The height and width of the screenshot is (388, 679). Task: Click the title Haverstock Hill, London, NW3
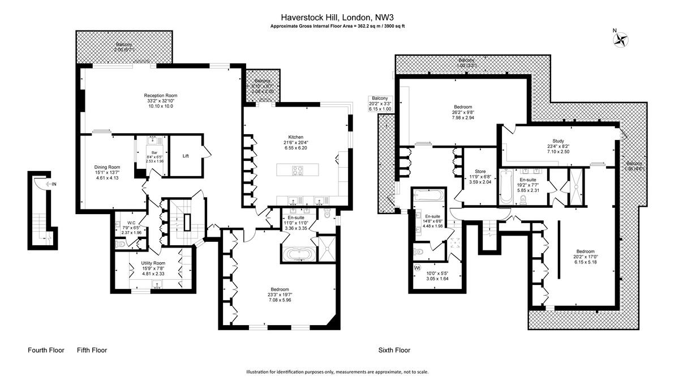click(338, 17)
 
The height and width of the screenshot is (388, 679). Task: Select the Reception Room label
click(161, 95)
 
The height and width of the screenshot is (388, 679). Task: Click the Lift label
click(186, 156)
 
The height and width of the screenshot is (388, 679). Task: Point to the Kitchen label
click(296, 137)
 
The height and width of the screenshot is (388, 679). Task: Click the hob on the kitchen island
click(298, 170)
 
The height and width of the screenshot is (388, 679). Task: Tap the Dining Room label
click(107, 167)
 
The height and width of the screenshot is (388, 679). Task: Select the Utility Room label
click(153, 263)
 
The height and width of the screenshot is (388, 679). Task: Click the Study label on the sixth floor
click(558, 141)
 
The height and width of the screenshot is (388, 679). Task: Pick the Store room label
click(480, 171)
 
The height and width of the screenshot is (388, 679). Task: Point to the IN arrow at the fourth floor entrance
click(50, 185)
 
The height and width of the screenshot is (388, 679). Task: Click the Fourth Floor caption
click(46, 350)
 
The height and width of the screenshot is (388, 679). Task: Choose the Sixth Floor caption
click(394, 350)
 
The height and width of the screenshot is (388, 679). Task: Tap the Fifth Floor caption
click(92, 350)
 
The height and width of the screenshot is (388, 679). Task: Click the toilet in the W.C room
click(121, 244)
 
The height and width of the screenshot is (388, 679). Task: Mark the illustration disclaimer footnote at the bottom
click(337, 372)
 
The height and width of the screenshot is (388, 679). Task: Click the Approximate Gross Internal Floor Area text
click(338, 26)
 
